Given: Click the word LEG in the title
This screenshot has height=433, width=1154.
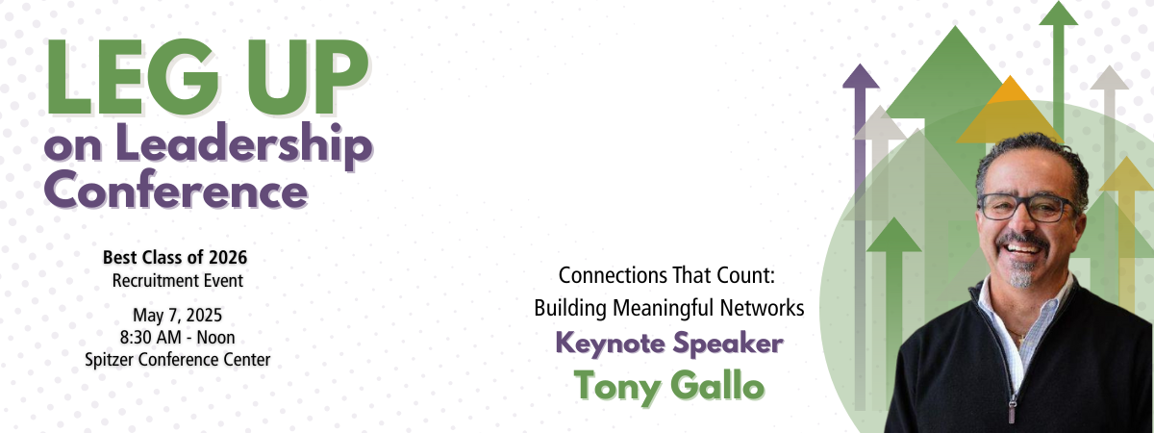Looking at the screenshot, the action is [x=133, y=77].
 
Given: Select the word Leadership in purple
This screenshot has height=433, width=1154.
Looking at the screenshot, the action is [x=243, y=145].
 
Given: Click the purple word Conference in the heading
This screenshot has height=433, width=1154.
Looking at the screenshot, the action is [x=176, y=190].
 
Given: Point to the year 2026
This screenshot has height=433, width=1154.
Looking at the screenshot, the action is [x=228, y=257].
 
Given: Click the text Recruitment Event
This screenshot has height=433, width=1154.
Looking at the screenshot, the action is [x=178, y=281].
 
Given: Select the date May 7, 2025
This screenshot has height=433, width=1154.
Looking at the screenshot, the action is [x=177, y=315].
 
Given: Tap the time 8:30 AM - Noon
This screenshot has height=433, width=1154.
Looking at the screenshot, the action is [x=177, y=338].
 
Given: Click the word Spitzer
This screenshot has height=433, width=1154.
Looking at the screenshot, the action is [x=111, y=359].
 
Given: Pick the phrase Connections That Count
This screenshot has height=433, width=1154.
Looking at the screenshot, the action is [x=665, y=275].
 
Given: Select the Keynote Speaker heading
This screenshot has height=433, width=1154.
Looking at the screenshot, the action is [x=669, y=344].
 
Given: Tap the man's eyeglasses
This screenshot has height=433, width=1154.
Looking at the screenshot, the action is [x=1027, y=207].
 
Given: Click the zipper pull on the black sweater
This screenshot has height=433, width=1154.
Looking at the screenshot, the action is [x=1012, y=411].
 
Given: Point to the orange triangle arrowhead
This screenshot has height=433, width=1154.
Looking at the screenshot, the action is [x=1010, y=110].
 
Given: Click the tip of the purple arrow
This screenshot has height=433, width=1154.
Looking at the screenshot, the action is [x=861, y=64].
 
